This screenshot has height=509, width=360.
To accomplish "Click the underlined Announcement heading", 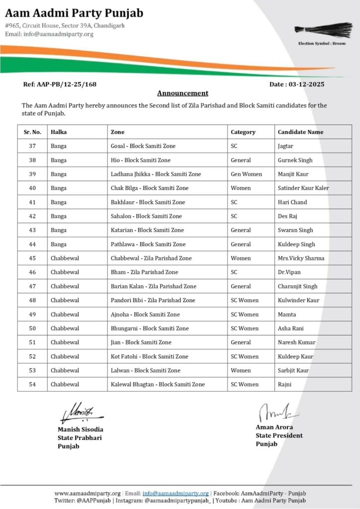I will pyautogui.click(x=182, y=93).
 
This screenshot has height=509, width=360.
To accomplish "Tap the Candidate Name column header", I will pyautogui.click(x=300, y=132).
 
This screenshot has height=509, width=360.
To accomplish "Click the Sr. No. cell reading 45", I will pyautogui.click(x=32, y=258).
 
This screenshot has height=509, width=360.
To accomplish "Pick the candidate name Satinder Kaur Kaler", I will pyautogui.click(x=303, y=188).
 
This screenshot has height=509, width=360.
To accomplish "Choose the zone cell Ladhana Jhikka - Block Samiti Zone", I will pyautogui.click(x=156, y=174).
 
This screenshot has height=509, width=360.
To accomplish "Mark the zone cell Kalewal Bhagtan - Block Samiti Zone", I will pyautogui.click(x=158, y=384).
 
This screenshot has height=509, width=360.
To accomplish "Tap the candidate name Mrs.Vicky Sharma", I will pyautogui.click(x=301, y=258).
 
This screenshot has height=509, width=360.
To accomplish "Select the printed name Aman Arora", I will pyautogui.click(x=274, y=427).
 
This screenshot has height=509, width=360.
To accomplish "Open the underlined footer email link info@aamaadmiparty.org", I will pyautogui.click(x=176, y=493).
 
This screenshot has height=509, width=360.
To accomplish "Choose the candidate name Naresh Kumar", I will pyautogui.click(x=296, y=342).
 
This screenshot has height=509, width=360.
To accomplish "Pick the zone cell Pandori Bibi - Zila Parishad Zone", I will pyautogui.click(x=153, y=300).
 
